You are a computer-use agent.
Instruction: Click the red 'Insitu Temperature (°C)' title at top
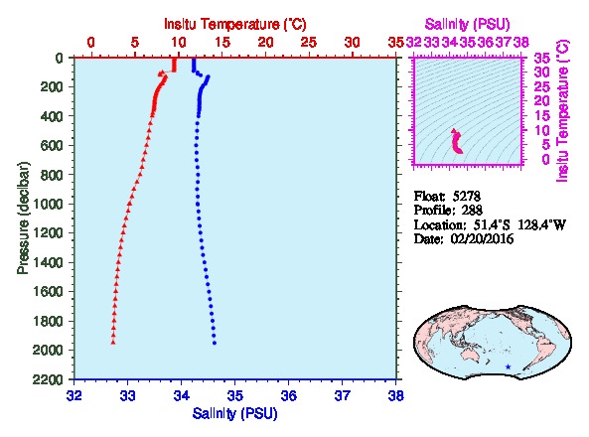click(x=235, y=25)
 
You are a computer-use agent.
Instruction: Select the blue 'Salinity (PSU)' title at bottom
click(x=234, y=414)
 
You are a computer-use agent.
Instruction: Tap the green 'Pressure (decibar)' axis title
click(x=23, y=218)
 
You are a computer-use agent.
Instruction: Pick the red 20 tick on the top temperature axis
click(x=265, y=43)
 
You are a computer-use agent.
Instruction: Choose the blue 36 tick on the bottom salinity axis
click(x=288, y=395)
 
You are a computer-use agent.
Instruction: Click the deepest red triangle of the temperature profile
click(x=113, y=343)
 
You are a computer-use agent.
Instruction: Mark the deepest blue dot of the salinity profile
click(x=215, y=343)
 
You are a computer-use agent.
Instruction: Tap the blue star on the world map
click(x=509, y=366)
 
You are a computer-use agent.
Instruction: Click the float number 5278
click(x=467, y=196)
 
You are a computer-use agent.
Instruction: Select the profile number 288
click(x=472, y=210)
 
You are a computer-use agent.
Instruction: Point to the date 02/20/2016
click(x=482, y=239)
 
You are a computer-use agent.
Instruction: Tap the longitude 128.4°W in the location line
click(x=542, y=224)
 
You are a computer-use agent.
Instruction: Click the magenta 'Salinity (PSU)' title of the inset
click(x=467, y=25)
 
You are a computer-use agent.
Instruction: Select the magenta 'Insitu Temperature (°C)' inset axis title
click(x=562, y=111)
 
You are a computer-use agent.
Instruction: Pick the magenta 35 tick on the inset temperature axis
click(x=542, y=59)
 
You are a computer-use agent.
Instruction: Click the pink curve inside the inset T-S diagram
click(x=457, y=142)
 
